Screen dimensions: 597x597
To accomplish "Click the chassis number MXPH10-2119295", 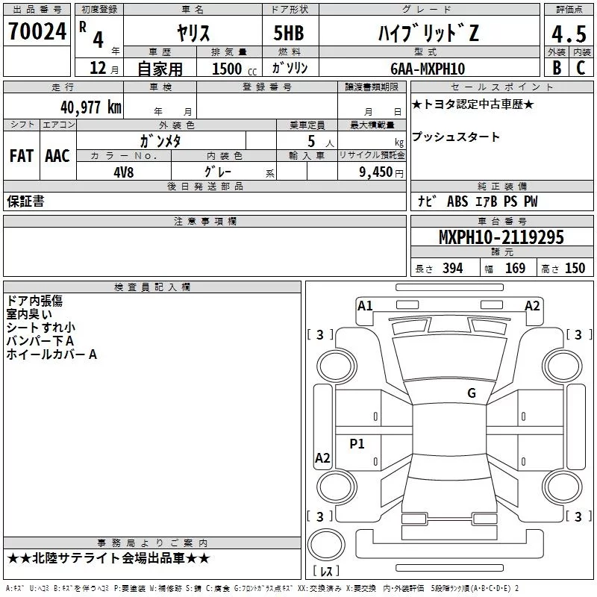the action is [501, 237].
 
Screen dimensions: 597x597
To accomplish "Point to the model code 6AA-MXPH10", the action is [426, 69].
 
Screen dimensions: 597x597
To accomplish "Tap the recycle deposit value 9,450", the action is [376, 172].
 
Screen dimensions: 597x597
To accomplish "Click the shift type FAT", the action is [21, 155].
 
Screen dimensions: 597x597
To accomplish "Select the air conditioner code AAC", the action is [57, 155].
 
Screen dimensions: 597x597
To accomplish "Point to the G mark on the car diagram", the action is [471, 393].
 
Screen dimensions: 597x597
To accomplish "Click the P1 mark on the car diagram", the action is [357, 444].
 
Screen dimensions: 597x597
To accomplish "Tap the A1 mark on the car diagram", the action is [365, 305].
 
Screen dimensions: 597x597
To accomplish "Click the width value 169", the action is [515, 268].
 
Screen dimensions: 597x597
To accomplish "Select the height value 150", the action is [575, 268].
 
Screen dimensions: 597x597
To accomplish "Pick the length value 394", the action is [452, 268].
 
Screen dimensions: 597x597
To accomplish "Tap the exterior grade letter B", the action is [555, 68].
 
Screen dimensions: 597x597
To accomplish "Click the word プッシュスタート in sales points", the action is [455, 137].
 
